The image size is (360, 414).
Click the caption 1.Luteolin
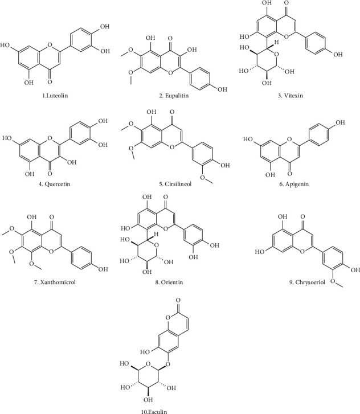[x=55, y=95]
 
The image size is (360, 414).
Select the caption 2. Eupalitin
[x=174, y=95]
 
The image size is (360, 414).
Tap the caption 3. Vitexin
[x=290, y=95]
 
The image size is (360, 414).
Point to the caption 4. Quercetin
[x=55, y=184]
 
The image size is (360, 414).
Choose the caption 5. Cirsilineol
[x=175, y=184]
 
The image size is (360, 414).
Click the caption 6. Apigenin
[x=294, y=184]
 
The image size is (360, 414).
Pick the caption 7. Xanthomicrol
[x=55, y=282]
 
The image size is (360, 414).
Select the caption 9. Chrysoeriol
[x=307, y=282]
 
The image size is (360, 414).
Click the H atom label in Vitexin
[x=276, y=42]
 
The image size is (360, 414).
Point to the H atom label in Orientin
[x=156, y=233]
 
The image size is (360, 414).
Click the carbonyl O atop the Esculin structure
[x=178, y=300]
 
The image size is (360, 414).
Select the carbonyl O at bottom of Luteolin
[x=50, y=82]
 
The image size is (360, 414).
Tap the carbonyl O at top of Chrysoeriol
[x=302, y=217]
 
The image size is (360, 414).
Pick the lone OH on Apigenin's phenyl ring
[x=339, y=122]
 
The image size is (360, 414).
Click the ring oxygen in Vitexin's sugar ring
[x=276, y=55]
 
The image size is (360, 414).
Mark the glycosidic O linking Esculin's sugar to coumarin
[x=167, y=364]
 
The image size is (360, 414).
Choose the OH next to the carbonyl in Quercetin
[x=71, y=162]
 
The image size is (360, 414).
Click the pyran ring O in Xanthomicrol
[x=51, y=251]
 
